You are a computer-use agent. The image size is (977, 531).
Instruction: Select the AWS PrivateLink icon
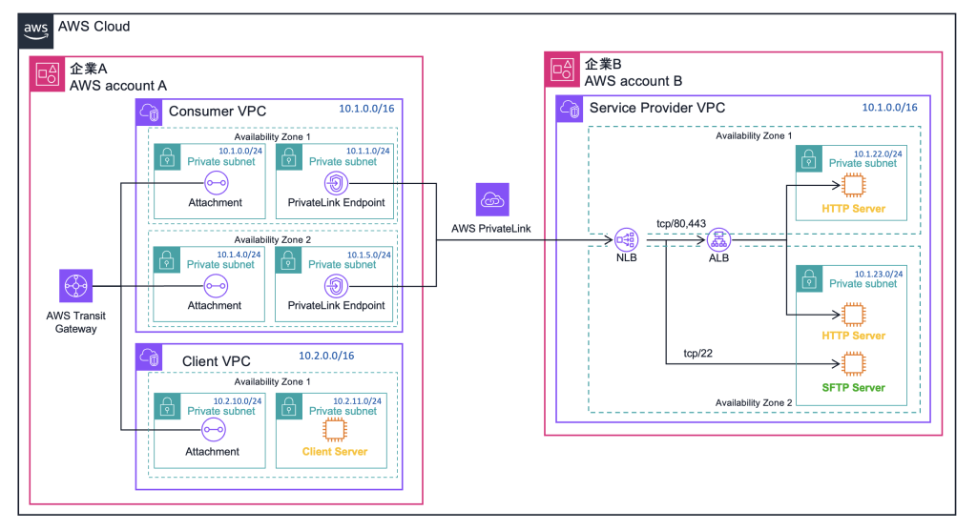pyautogui.click(x=494, y=199)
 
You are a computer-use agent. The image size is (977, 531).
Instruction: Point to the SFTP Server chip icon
pyautogui.click(x=851, y=363)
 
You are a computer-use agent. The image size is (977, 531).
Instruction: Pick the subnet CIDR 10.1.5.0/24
pyautogui.click(x=353, y=255)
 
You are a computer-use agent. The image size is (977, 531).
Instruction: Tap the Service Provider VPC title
pyautogui.click(x=656, y=108)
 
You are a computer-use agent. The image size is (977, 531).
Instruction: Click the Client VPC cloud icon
pyautogui.click(x=151, y=357)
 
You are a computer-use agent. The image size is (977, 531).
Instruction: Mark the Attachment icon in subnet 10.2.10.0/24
pyautogui.click(x=213, y=431)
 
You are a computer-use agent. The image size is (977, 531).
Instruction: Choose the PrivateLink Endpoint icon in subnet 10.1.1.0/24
pyautogui.click(x=336, y=182)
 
